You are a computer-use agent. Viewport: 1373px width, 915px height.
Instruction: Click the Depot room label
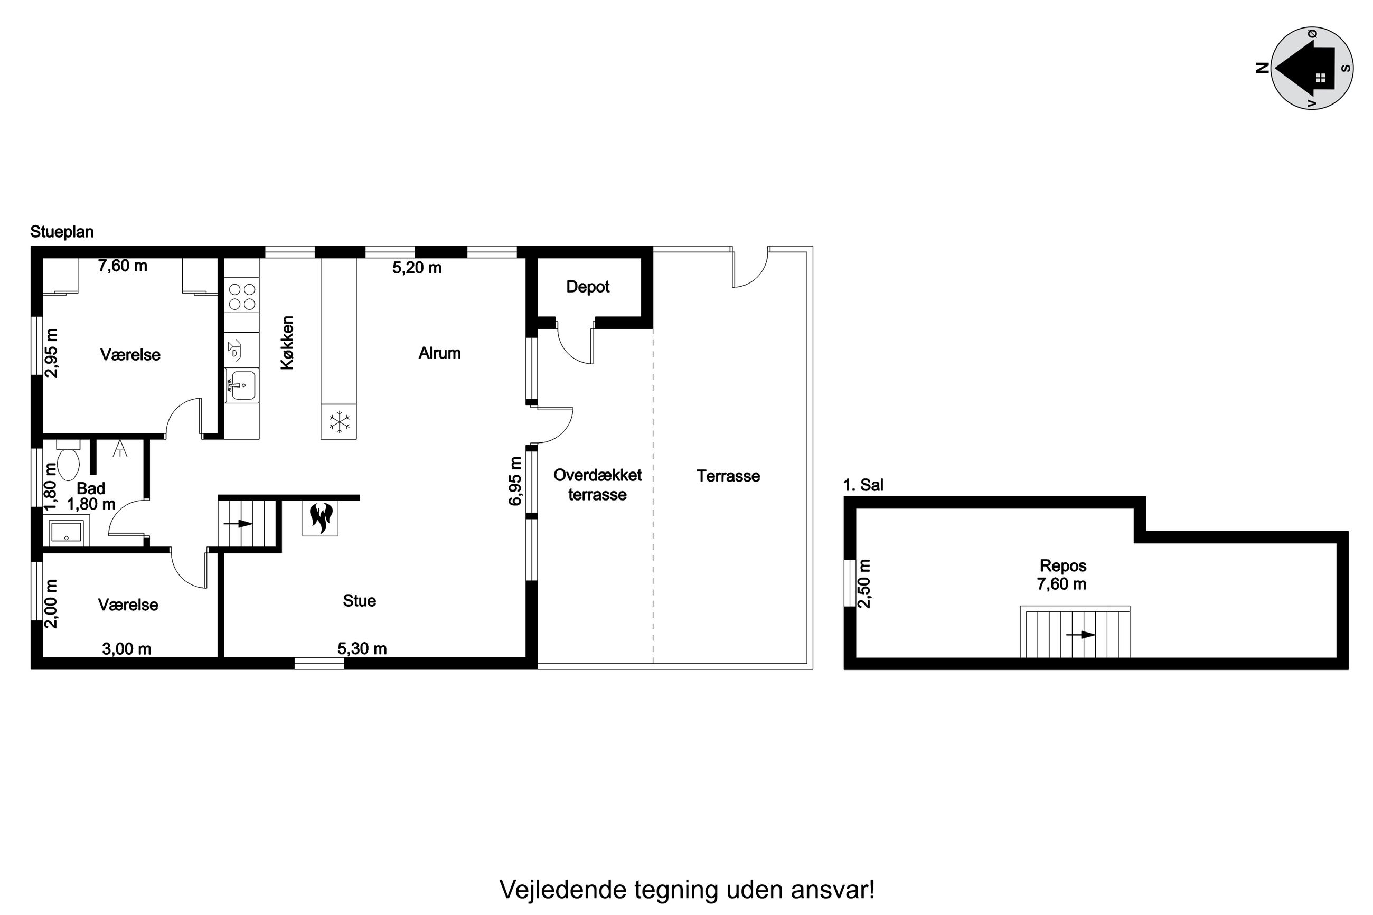pos(587,287)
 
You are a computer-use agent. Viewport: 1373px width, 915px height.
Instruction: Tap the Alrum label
pos(439,353)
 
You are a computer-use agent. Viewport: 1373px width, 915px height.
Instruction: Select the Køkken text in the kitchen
pos(287,343)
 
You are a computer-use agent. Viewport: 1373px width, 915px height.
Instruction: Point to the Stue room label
pos(359,600)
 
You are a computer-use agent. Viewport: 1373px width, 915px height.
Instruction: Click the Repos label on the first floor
pos(1062,565)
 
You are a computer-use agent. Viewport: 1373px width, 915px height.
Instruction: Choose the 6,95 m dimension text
pos(515,481)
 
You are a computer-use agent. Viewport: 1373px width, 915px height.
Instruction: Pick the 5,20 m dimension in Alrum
pos(416,268)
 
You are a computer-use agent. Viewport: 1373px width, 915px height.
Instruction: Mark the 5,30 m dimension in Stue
pos(362,648)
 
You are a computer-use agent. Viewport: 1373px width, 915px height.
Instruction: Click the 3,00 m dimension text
pos(127,648)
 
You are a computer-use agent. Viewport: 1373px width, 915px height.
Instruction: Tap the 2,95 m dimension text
pos(52,353)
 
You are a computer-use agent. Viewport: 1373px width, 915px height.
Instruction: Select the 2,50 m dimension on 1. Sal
pos(864,583)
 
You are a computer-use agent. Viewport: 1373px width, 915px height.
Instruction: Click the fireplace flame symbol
pos(321,517)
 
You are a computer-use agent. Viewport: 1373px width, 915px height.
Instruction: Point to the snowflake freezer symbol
pos(339,421)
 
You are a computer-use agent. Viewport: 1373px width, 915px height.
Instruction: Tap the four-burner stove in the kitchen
pos(241,296)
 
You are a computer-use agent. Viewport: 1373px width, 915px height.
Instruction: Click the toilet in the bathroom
pos(68,461)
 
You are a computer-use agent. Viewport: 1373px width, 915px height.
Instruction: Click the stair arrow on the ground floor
pos(238,523)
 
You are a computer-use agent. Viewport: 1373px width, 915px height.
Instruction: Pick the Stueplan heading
pos(62,232)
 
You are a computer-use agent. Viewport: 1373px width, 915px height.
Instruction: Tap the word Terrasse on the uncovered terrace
pos(728,476)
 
